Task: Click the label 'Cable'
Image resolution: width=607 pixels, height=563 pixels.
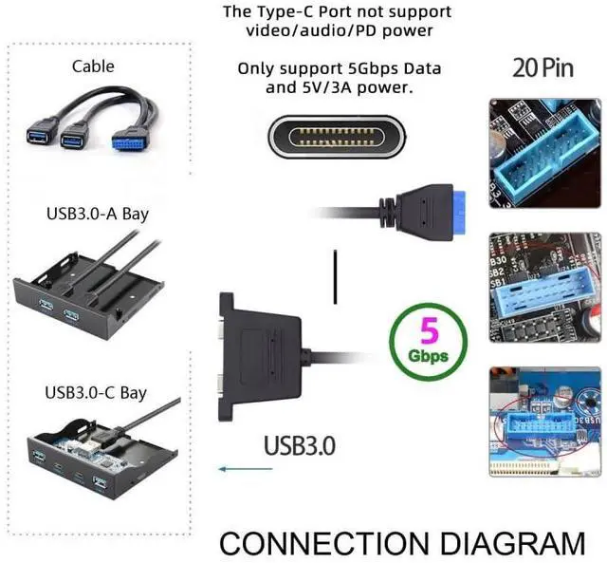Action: pyautogui.click(x=93, y=66)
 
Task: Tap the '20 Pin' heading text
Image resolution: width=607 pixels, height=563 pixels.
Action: pyautogui.click(x=543, y=68)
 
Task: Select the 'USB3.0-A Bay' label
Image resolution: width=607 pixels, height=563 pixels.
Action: pyautogui.click(x=97, y=213)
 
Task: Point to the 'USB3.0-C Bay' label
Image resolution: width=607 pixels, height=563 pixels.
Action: pyautogui.click(x=96, y=391)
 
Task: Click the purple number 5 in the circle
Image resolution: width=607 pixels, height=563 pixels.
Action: pyautogui.click(x=429, y=332)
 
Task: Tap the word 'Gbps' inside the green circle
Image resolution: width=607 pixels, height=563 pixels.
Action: pyautogui.click(x=429, y=358)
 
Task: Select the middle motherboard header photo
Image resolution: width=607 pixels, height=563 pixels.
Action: pyautogui.click(x=536, y=287)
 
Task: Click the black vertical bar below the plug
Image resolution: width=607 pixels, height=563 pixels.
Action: pyautogui.click(x=335, y=276)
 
